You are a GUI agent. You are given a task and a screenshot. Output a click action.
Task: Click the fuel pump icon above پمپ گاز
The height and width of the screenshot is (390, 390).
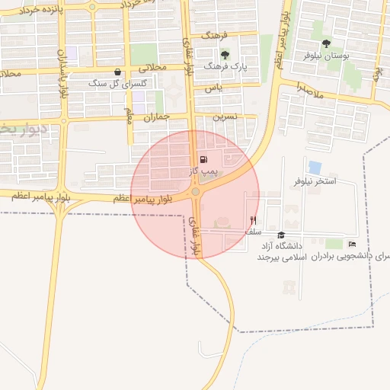click(203, 160)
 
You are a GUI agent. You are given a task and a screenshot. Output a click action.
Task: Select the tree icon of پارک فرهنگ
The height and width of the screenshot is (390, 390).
click(225, 55)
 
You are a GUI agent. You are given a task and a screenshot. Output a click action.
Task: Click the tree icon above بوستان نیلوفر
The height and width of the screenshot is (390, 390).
click(326, 43)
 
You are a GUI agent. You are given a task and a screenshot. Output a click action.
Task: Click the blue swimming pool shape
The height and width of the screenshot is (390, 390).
click(315, 167)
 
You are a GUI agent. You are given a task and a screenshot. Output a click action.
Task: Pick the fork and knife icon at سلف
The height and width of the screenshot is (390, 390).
click(253, 219)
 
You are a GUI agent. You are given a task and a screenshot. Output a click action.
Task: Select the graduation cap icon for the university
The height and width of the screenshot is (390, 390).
click(281, 235)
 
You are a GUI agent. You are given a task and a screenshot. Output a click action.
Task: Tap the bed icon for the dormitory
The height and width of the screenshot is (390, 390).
click(351, 244)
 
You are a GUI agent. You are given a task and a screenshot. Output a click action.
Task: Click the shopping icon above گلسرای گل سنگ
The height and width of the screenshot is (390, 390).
click(117, 72)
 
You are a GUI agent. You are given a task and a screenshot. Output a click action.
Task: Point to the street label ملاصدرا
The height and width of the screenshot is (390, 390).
click(311, 90)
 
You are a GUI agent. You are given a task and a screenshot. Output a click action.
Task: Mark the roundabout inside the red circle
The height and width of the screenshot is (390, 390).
click(196, 192)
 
